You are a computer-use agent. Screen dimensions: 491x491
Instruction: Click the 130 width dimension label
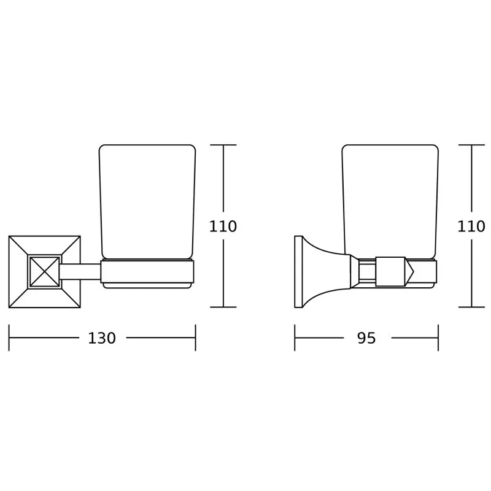pos(102,338)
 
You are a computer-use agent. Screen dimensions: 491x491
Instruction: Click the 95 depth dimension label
pos(366,338)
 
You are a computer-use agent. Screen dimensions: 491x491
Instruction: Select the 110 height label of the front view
pos(223,226)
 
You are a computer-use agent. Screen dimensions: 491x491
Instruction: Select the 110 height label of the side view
pos(471,226)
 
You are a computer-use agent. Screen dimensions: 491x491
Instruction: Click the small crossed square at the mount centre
pos(44,271)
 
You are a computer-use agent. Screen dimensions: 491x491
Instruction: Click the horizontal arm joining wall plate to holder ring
pos(80,271)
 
